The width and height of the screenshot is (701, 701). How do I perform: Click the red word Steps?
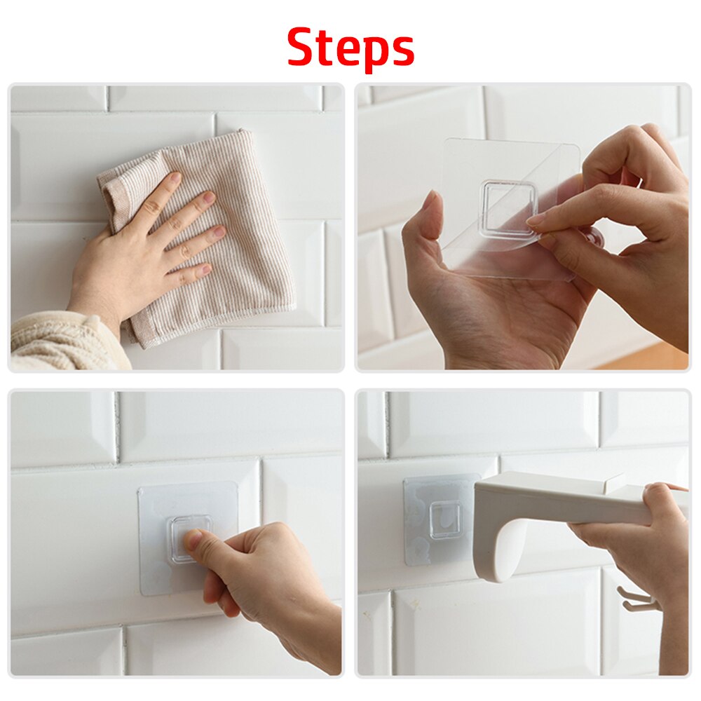pyautogui.click(x=350, y=48)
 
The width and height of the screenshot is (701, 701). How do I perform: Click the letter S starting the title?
pyautogui.click(x=303, y=47)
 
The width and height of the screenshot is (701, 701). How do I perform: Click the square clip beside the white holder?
pyautogui.click(x=445, y=521)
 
